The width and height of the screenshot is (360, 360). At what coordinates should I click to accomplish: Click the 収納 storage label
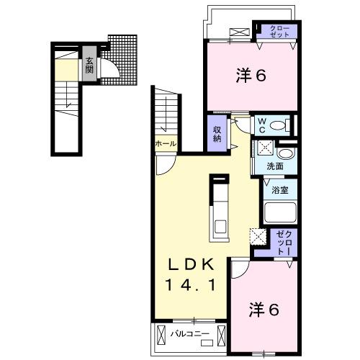click(217, 133)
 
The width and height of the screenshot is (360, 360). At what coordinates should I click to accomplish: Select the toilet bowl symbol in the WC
click(282, 126)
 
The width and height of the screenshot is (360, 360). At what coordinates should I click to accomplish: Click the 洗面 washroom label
click(274, 166)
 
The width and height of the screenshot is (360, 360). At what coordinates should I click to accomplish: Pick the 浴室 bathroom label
click(279, 191)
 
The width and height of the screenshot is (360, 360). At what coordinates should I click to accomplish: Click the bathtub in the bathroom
click(279, 212)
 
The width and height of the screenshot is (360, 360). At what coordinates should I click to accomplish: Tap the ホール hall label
click(165, 144)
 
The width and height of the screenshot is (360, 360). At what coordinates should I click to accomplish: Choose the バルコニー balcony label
click(190, 333)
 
